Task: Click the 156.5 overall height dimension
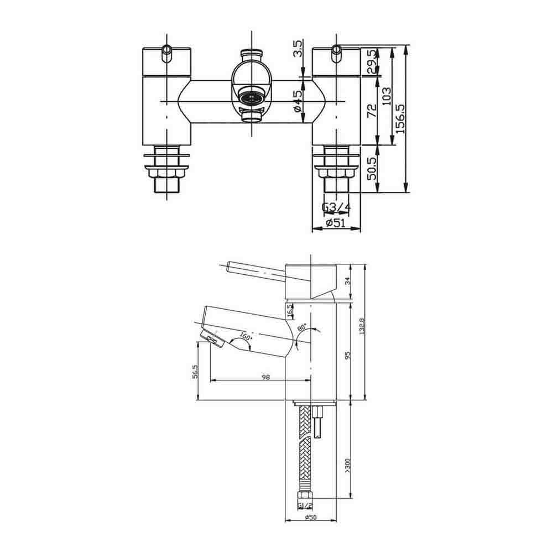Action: point(400,118)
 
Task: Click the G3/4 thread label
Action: point(336,208)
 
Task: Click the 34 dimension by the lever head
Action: point(347,281)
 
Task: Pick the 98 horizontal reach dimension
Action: point(265,377)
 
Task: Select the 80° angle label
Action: point(302,327)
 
